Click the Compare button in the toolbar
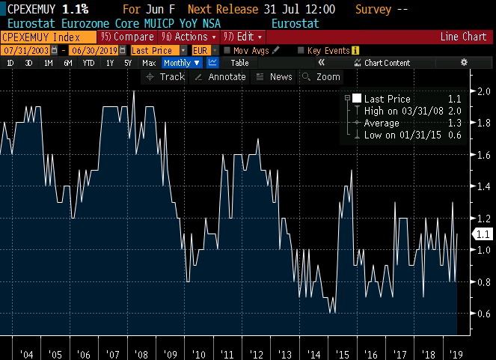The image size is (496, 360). [x=129, y=37]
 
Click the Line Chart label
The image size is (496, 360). [x=463, y=37]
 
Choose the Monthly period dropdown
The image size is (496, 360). [x=181, y=63]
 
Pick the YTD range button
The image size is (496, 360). [x=88, y=63]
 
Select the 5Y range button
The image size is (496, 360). [x=129, y=63]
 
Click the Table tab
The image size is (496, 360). [x=239, y=63]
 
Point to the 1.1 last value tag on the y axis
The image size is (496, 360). [x=481, y=234]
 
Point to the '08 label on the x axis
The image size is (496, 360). [x=141, y=353]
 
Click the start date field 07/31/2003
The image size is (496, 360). [x=21, y=50]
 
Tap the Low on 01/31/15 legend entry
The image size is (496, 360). [x=402, y=135]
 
